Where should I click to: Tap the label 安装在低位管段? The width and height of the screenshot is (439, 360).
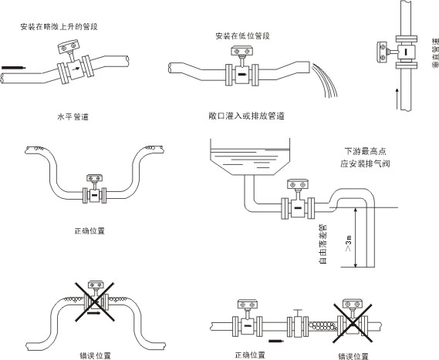[243, 36]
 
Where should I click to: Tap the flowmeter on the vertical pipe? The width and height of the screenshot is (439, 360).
[400, 52]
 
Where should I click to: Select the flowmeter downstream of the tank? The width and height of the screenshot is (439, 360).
[297, 202]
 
